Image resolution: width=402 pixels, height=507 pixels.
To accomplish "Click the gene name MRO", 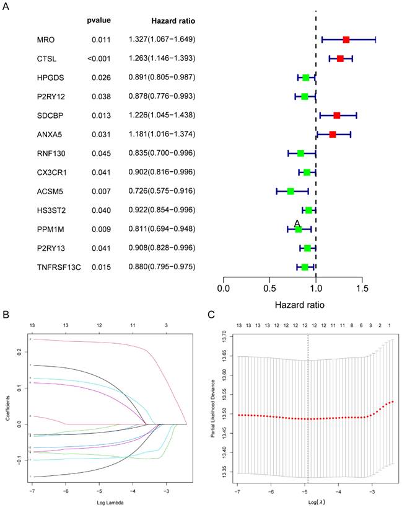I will tap(46, 40).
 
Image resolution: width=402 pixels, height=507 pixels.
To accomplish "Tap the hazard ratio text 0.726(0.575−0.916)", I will tap(162, 191).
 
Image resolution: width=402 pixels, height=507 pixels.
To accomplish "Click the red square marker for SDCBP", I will tap(336, 115).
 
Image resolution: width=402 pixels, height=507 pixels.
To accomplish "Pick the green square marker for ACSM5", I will tap(291, 191).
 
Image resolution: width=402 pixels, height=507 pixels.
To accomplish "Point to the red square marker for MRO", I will tap(346, 40).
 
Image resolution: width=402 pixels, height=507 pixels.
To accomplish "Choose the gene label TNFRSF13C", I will tap(58, 267).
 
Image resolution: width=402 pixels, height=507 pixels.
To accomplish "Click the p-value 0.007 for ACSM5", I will tap(101, 191).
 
